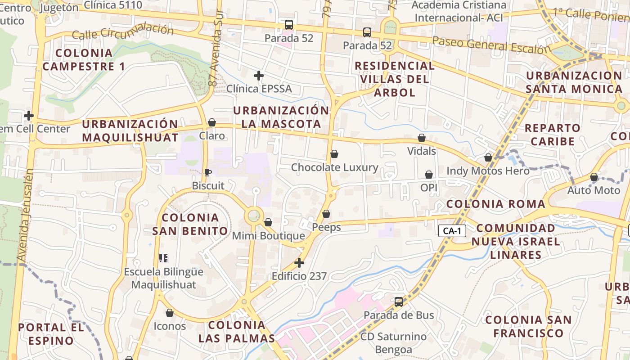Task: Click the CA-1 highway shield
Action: tap(452, 231)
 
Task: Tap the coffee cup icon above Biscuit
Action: tap(207, 172)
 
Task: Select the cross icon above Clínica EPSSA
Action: tap(258, 76)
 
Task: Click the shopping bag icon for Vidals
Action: tap(422, 138)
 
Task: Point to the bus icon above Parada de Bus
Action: tap(399, 301)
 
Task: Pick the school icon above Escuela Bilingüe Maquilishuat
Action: tap(163, 258)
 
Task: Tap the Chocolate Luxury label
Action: tap(334, 167)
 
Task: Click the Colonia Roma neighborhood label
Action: tap(495, 204)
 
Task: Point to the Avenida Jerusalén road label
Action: tap(25, 215)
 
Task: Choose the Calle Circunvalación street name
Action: tap(122, 32)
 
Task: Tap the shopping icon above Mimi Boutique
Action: tap(268, 222)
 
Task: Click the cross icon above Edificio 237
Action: tap(299, 263)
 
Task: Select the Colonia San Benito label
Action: tap(190, 224)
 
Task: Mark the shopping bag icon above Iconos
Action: tap(170, 313)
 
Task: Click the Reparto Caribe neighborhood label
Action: tap(552, 135)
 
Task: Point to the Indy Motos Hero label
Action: tap(488, 171)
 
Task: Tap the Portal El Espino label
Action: tap(51, 334)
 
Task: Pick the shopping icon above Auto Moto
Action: tap(594, 177)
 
